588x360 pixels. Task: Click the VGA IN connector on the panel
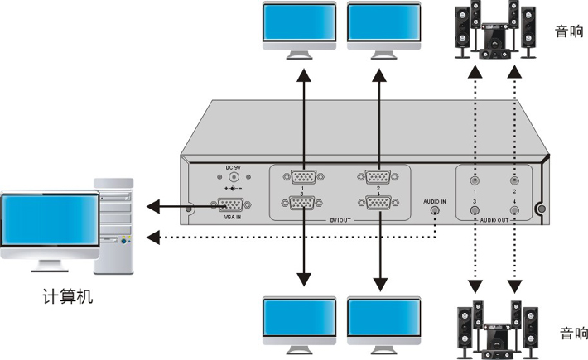tap(233, 206)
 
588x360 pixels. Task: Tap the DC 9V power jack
tap(233, 176)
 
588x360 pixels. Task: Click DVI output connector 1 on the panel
tap(303, 176)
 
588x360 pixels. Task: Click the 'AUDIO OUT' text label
tap(495, 223)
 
